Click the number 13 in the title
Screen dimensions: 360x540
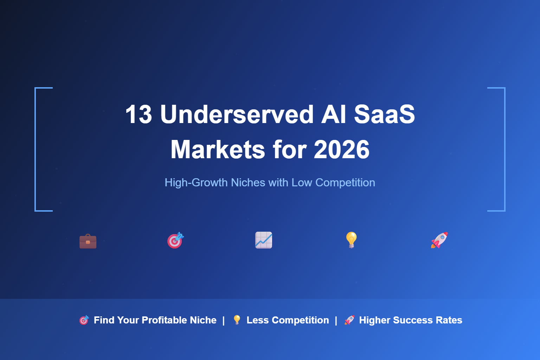139,115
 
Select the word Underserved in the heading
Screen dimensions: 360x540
237,115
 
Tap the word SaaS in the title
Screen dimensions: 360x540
384,115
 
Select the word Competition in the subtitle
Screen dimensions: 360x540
345,183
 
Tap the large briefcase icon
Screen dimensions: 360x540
88,241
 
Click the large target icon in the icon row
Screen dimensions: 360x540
175,240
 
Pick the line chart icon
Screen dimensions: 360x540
264,240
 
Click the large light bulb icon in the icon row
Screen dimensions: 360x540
352,240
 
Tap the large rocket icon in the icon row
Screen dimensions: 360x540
439,240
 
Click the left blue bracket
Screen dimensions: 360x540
36,149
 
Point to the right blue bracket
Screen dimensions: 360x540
504,149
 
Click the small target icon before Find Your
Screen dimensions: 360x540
84,320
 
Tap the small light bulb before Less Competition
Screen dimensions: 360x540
237,320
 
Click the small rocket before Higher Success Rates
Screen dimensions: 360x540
349,320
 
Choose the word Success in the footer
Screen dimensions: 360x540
413,320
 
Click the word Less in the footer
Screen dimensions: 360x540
258,320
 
